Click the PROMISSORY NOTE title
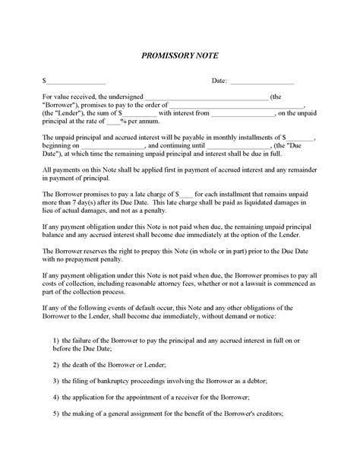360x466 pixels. tap(179, 55)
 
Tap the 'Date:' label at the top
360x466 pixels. tap(219, 80)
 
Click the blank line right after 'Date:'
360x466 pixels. tap(261, 81)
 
